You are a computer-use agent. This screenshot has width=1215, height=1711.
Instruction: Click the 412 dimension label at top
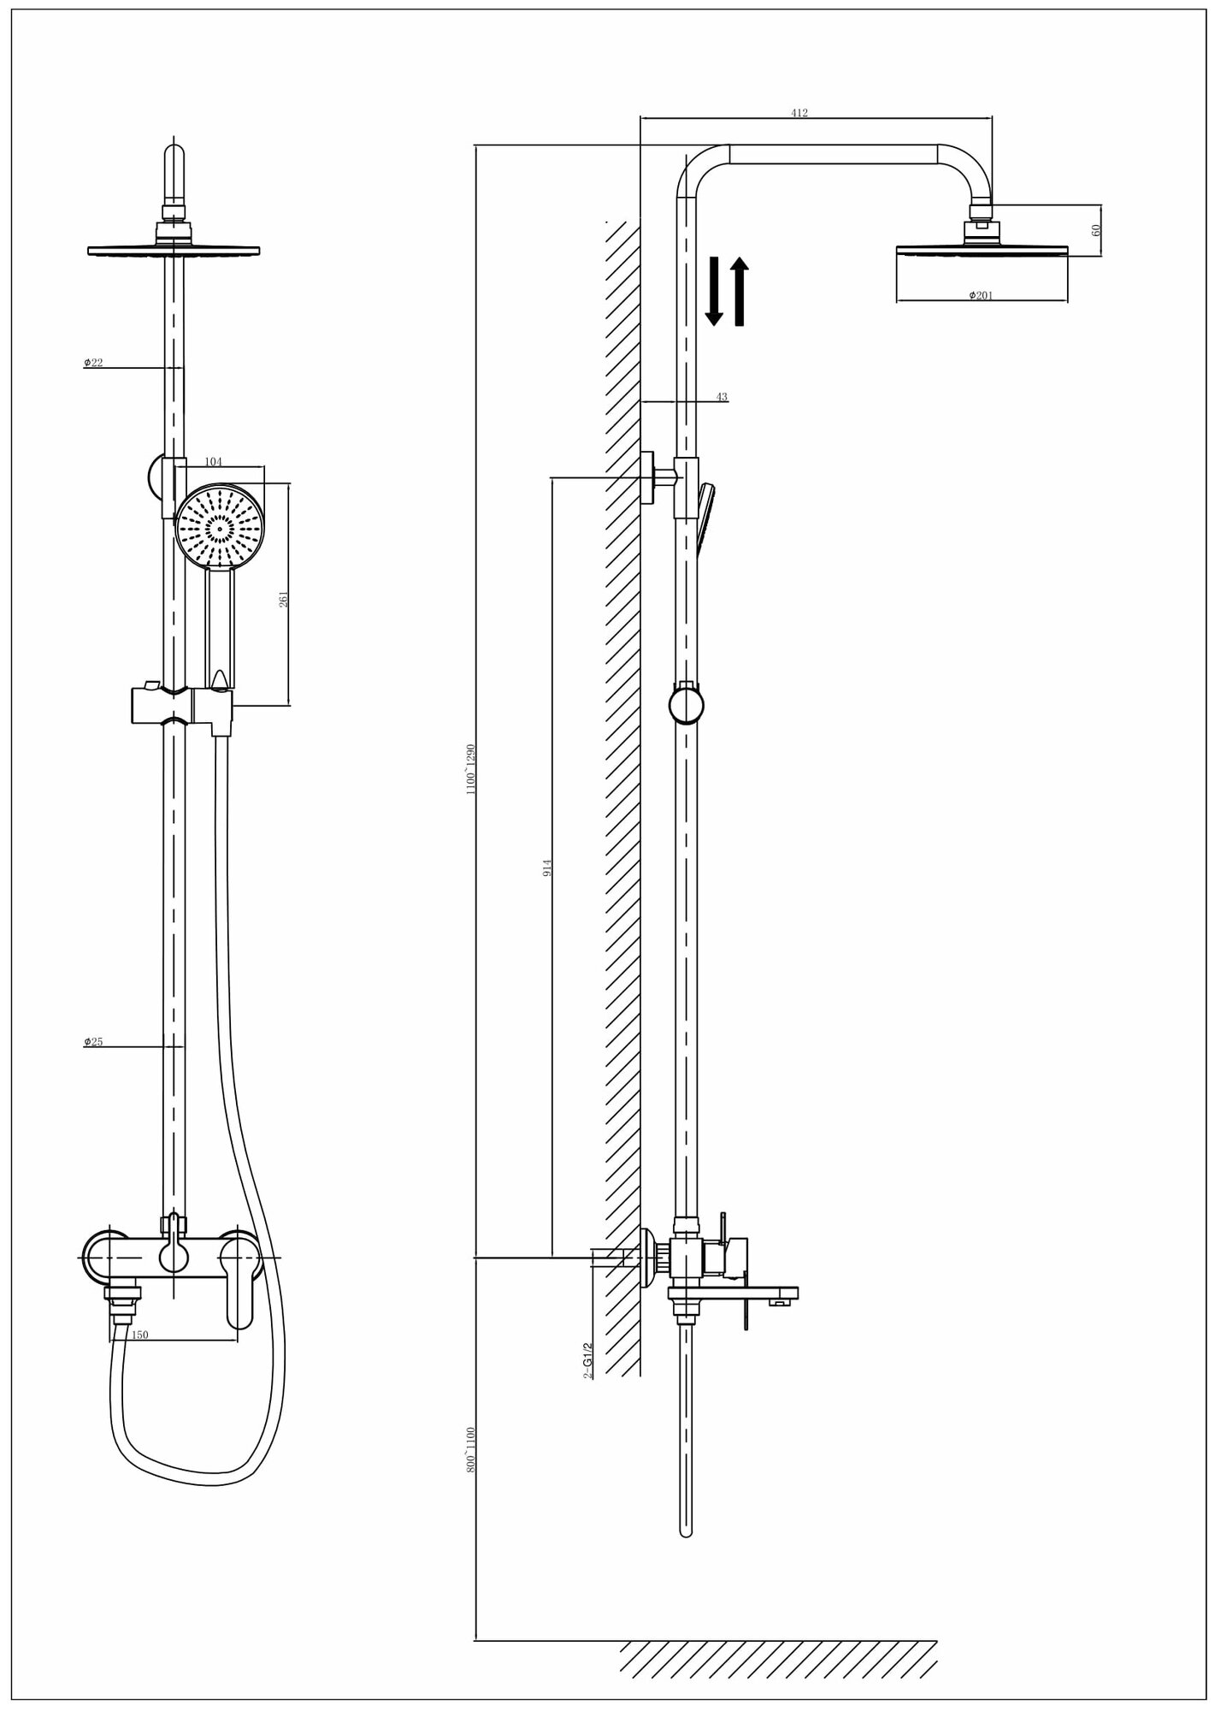coord(799,113)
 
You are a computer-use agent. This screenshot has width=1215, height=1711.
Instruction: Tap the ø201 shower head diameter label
coord(981,295)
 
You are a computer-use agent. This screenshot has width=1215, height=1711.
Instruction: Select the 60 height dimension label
coord(1097,230)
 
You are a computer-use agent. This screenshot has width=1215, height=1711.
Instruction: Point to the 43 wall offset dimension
coord(722,397)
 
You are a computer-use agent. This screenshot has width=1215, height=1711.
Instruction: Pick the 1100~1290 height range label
coord(470,770)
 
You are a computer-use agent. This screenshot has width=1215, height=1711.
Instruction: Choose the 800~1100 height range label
coord(470,1448)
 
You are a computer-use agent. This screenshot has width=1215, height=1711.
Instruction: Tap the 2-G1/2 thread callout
coord(588,1360)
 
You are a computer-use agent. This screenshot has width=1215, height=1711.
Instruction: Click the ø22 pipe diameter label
coord(93,363)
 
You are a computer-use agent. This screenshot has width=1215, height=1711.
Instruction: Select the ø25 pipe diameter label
coord(93,1041)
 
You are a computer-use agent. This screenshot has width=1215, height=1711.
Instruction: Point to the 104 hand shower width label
coord(213,462)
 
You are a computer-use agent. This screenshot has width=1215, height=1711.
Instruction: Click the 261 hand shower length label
coord(284,599)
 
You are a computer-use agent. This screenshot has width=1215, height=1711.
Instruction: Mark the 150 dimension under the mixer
coord(139,1335)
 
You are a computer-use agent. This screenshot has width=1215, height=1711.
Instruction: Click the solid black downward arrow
coord(714,292)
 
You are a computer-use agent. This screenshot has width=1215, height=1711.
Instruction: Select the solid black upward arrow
coord(740,292)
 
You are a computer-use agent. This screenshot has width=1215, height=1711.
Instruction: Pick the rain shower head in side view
coord(982,250)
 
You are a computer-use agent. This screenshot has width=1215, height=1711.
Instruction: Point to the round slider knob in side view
coord(687,706)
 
